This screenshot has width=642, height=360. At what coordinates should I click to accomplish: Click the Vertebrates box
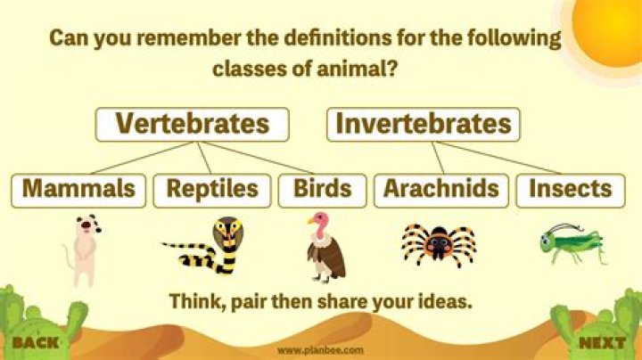(192, 124)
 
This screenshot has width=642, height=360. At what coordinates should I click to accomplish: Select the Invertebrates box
(424, 124)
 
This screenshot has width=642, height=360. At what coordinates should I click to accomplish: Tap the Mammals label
(78, 189)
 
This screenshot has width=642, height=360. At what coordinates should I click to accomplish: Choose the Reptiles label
(211, 189)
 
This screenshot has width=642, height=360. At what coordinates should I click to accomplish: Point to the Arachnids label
(441, 189)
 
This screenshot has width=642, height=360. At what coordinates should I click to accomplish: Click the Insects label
(570, 189)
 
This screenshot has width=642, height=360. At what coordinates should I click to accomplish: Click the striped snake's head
(227, 234)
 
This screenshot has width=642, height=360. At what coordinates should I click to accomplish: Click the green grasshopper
(571, 242)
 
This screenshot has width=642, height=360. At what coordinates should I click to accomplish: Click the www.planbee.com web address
(320, 350)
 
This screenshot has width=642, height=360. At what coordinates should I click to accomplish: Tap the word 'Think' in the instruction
(193, 301)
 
